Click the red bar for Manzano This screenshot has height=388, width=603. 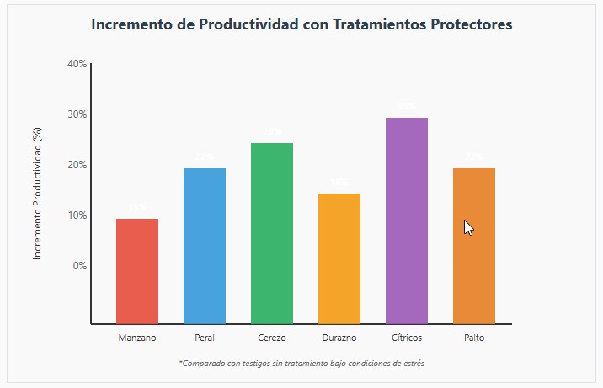coord(137,271)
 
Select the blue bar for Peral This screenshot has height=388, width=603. coord(205,246)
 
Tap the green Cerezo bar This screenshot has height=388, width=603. coord(272,233)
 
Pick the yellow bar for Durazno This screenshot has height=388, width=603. coord(339,258)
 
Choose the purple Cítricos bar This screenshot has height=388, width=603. coord(407,221)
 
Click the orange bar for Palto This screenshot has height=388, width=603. coord(474,246)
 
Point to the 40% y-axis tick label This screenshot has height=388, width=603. coord(77,64)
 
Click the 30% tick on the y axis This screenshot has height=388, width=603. coord(77,114)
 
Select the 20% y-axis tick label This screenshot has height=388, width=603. coord(77,165)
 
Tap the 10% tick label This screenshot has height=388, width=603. coord(77,215)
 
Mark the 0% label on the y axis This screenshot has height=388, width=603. coord(79,266)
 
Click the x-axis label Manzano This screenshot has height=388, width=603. coord(137,338)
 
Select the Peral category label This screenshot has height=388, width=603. coord(205,338)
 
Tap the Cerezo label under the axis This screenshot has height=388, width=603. coord(272,338)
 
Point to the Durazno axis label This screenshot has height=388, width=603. coord(339,338)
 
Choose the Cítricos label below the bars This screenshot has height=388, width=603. coord(407,338)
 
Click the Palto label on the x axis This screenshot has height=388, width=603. coord(474,338)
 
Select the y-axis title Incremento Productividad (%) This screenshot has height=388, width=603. coord(37,193)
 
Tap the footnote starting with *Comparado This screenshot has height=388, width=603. coord(301,364)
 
